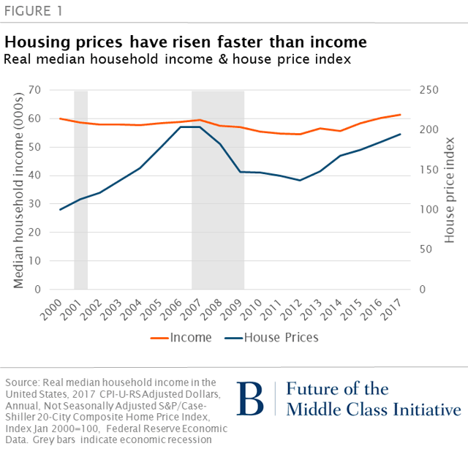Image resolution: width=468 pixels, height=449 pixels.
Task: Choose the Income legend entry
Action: pyautogui.click(x=182, y=337)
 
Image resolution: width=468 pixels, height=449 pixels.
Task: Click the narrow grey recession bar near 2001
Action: pyautogui.click(x=80, y=190)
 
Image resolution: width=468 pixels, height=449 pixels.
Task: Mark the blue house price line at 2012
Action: pyautogui.click(x=300, y=180)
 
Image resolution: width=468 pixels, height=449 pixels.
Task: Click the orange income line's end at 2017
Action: pyautogui.click(x=400, y=114)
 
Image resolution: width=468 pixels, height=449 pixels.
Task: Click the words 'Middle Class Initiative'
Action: pyautogui.click(x=374, y=409)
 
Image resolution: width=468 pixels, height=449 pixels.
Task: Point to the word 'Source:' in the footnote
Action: pyautogui.click(x=22, y=382)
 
